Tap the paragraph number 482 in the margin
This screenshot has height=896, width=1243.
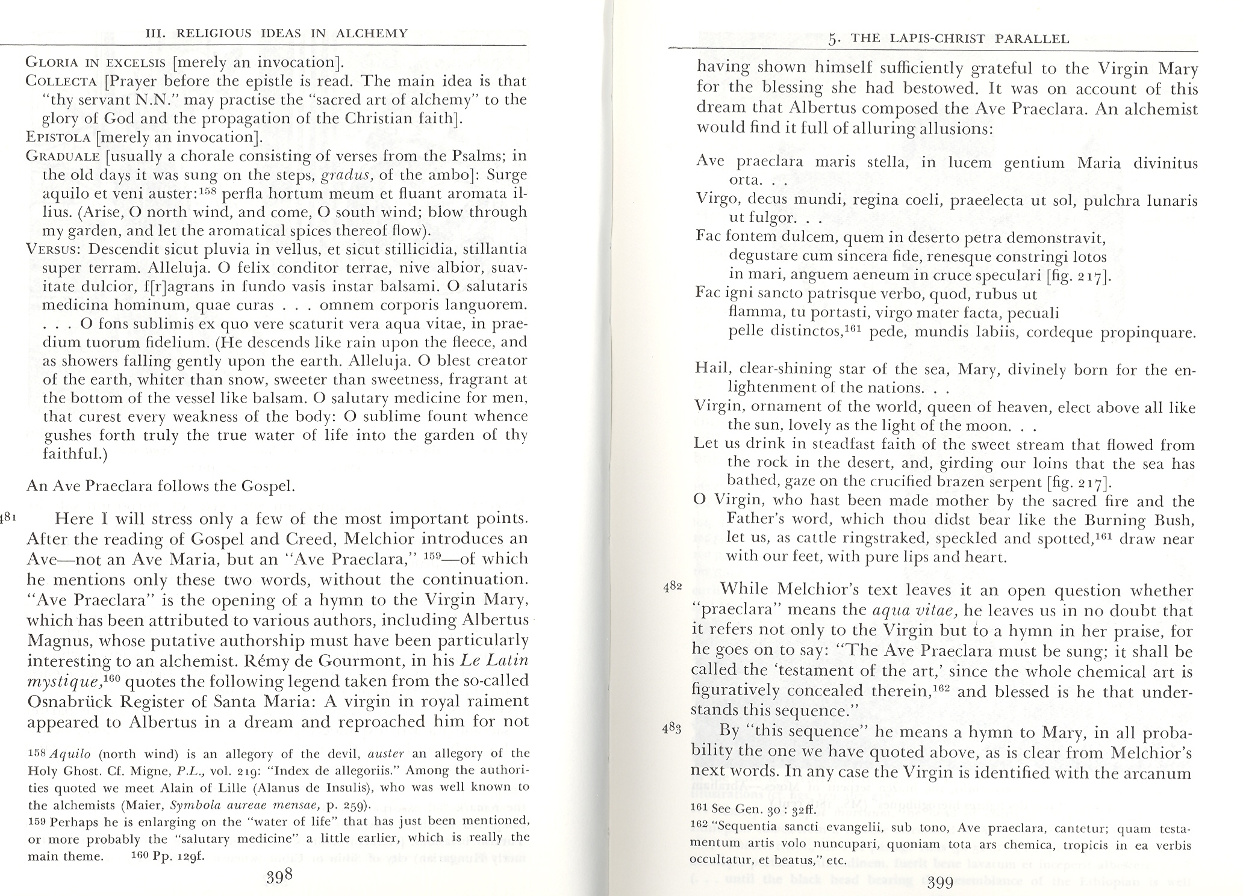pos(672,587)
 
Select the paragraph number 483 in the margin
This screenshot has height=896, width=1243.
pos(672,728)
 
